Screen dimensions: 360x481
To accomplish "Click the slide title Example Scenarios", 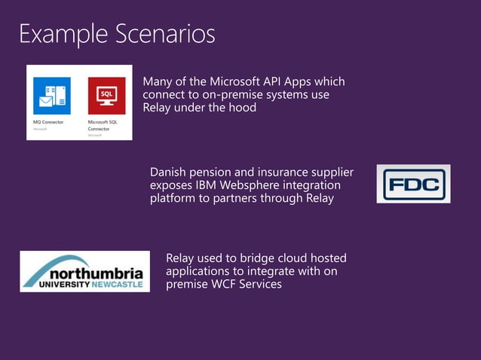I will (117, 35).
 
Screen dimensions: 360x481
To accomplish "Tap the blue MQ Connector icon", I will (51, 96).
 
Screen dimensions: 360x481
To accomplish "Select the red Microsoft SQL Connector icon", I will (106, 96).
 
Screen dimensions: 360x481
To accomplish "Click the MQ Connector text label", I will (48, 121).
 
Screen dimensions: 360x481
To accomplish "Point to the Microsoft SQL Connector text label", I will (103, 125).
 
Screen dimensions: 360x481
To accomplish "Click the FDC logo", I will (413, 184).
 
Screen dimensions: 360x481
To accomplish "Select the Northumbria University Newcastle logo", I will (84, 272).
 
